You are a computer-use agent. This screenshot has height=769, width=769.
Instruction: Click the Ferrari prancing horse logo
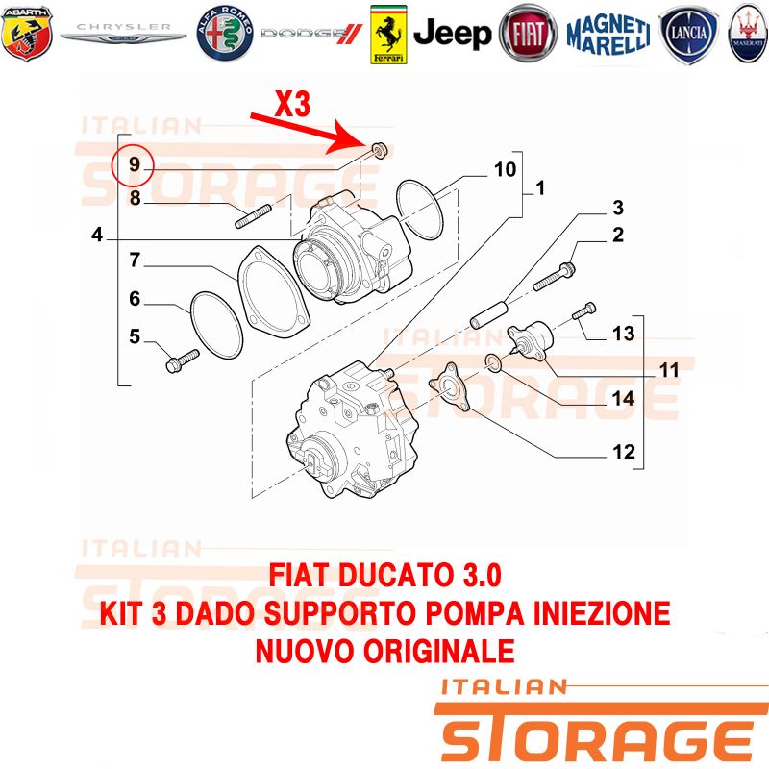[x=388, y=35]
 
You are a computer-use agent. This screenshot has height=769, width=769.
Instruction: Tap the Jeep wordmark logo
[x=452, y=34]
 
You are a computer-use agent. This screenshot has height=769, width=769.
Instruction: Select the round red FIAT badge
[x=528, y=34]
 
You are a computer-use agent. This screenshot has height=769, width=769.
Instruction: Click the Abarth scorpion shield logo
[x=27, y=33]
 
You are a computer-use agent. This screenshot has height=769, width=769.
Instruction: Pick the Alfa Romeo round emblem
[x=225, y=34]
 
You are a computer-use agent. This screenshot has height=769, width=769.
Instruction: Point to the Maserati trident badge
[x=748, y=34]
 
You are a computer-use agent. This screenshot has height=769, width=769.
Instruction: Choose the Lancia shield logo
[x=688, y=35]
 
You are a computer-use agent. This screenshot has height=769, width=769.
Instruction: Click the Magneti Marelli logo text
[x=608, y=35]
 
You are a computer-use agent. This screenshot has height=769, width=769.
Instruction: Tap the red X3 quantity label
[x=293, y=104]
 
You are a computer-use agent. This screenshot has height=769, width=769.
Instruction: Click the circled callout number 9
[x=134, y=164]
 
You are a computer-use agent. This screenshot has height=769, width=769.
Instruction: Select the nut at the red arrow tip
[x=380, y=150]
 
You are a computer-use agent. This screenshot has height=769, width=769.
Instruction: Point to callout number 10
[x=505, y=169]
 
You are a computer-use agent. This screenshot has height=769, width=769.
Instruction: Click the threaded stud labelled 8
[x=253, y=217]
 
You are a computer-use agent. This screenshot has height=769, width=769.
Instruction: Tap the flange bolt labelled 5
[x=183, y=361]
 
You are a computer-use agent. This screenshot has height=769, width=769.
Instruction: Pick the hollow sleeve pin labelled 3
[x=490, y=314]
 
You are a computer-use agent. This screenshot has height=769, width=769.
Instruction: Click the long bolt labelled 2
[x=555, y=276]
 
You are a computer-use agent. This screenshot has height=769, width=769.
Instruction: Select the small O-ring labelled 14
[x=494, y=363]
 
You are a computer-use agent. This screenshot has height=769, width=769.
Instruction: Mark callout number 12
[x=623, y=452]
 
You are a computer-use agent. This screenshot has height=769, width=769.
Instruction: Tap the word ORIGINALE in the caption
[x=438, y=652]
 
